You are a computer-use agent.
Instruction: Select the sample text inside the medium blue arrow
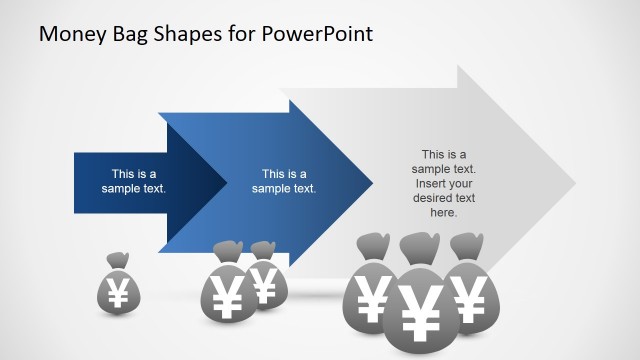click(x=284, y=181)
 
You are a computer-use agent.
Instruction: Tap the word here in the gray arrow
click(x=443, y=212)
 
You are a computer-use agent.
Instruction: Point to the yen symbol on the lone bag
click(x=118, y=293)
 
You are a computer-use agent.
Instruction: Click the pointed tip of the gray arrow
click(x=575, y=183)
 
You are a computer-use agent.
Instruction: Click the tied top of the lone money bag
click(x=118, y=260)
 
